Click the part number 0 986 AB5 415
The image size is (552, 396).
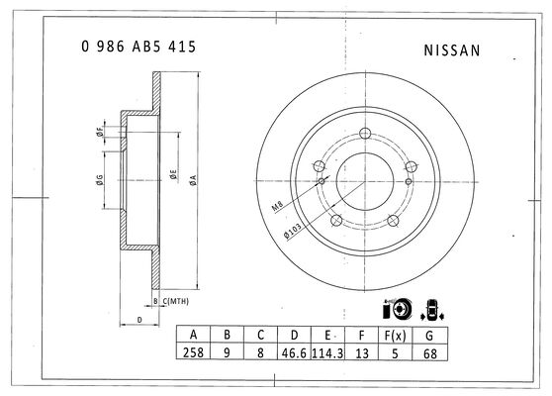[x=138, y=47]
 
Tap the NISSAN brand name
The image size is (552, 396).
[x=452, y=50]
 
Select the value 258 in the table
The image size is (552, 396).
[x=193, y=352]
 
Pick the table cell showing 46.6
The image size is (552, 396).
[x=294, y=352]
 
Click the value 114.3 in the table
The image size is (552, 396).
[x=327, y=352]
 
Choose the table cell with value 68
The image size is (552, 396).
[x=430, y=353]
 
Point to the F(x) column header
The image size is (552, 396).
[x=395, y=336]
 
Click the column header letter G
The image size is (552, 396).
[x=429, y=336]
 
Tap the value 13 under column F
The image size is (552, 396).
[x=361, y=353]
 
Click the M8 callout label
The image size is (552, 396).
[x=277, y=206]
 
